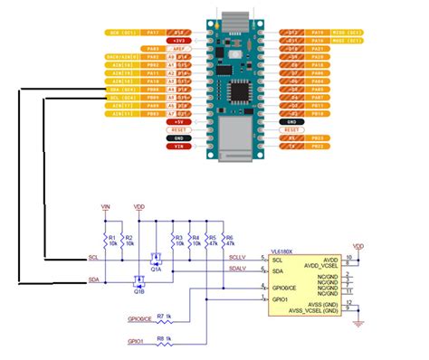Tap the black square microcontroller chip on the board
tap(243, 91)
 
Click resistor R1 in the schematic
tap(106, 241)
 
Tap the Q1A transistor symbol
tap(156, 259)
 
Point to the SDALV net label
tap(237, 269)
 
